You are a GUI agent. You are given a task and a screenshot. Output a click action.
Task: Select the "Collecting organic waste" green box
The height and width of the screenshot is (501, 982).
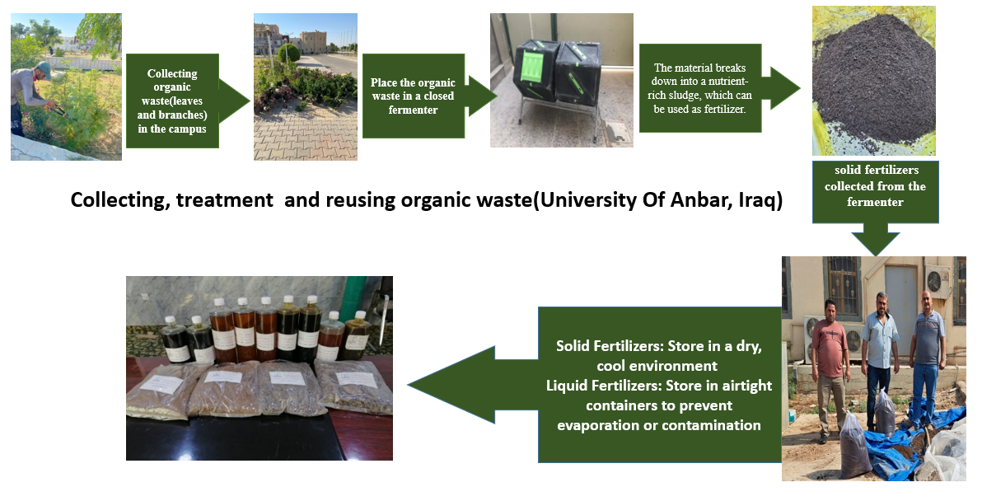pyautogui.click(x=172, y=101)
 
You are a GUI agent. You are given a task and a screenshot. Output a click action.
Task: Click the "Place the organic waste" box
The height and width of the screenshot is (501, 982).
pyautogui.click(x=414, y=96)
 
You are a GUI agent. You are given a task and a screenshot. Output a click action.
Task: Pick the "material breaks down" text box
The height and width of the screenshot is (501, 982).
pyautogui.click(x=700, y=88)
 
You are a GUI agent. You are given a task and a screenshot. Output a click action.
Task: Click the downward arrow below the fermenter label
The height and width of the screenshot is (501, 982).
pyautogui.click(x=876, y=239)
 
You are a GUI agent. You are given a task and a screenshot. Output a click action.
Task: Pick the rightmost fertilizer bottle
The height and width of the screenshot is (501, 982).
pyautogui.click(x=357, y=335)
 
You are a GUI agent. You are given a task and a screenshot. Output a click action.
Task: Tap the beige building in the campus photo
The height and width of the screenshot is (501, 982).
pyautogui.click(x=314, y=43)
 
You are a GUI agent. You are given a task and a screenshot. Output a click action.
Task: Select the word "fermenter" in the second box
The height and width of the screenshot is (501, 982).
pyautogui.click(x=414, y=110)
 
